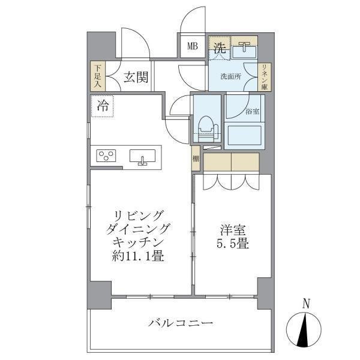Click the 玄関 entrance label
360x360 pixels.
[x=137, y=76]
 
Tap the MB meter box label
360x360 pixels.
[x=193, y=46]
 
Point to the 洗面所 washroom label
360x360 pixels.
[x=230, y=77]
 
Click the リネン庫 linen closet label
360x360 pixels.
[x=264, y=76]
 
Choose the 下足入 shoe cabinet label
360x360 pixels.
[x=96, y=76]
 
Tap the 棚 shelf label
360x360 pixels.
[x=196, y=160]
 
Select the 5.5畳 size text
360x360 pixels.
[x=231, y=245]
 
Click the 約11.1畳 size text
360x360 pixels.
[x=140, y=257]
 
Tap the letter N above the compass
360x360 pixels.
[x=306, y=304]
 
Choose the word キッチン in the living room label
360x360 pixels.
[x=140, y=243]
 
